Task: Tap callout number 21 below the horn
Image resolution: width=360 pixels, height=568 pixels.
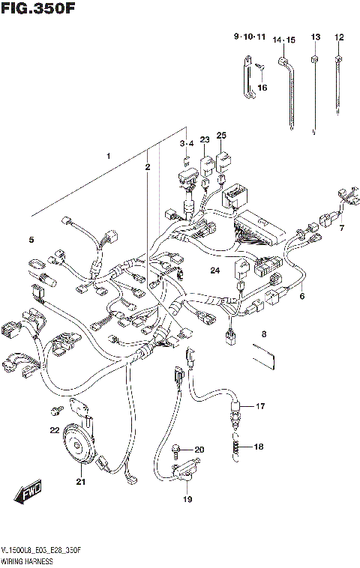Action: [x=80, y=482]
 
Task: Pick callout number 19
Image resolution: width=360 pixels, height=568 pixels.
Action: [x=187, y=499]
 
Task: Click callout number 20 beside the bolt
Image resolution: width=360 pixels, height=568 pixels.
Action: [x=199, y=450]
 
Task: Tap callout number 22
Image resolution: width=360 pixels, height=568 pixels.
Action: [x=54, y=430]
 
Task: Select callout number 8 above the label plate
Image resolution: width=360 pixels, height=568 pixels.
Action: [x=264, y=334]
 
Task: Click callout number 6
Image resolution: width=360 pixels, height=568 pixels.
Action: [x=302, y=296]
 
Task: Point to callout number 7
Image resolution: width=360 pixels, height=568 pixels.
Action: [x=341, y=227]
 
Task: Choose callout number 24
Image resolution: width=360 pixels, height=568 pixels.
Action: [x=214, y=271]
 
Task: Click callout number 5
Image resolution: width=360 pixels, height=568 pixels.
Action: [x=31, y=240]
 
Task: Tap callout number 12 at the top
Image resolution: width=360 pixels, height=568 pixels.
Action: [x=339, y=37]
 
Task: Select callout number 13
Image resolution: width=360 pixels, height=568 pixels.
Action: [x=315, y=37]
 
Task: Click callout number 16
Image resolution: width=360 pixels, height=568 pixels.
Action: [x=262, y=88]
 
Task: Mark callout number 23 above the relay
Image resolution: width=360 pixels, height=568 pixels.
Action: [x=204, y=140]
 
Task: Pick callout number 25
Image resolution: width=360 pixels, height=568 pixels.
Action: [x=221, y=136]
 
